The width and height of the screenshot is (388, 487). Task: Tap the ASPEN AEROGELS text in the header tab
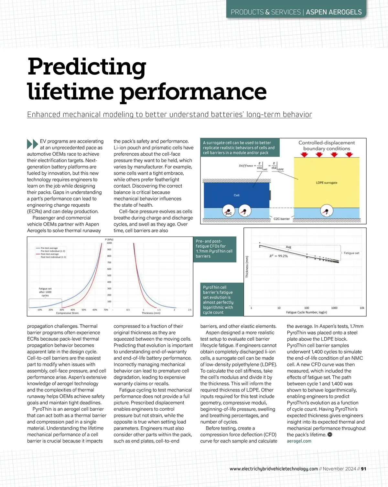(x=334, y=12)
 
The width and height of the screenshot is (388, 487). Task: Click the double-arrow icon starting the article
(x=33, y=144)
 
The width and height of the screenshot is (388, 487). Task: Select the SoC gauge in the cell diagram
(x=229, y=211)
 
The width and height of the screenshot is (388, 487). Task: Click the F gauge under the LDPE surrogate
(x=327, y=212)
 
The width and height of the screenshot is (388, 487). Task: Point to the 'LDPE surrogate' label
(x=326, y=183)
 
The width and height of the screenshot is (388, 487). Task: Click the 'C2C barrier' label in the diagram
(x=282, y=219)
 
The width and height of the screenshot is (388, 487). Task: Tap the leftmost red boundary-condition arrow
(x=304, y=155)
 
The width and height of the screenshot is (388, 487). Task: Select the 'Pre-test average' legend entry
(x=49, y=248)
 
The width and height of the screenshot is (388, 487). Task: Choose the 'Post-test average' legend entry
(x=49, y=254)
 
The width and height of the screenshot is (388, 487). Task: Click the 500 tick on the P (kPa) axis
(x=109, y=275)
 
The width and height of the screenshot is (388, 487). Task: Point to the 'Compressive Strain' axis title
(x=67, y=313)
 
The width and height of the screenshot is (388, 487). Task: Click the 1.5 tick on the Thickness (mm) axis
(x=159, y=310)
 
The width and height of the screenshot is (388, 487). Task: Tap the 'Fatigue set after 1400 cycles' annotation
(x=45, y=292)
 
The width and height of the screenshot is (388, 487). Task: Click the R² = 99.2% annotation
(x=278, y=256)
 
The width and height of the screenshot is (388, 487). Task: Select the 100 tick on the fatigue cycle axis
(x=307, y=308)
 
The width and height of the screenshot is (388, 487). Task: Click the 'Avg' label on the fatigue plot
(x=288, y=247)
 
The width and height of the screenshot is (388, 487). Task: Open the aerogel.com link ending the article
(x=299, y=441)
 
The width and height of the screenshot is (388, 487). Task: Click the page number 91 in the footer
(x=363, y=469)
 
